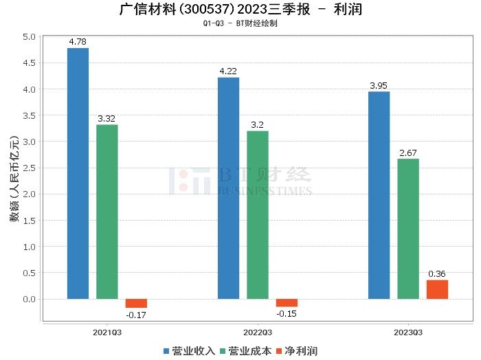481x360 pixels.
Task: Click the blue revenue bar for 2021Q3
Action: tap(78, 173)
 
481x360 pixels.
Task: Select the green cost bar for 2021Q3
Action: tap(107, 212)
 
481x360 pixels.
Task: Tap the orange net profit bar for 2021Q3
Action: tap(136, 303)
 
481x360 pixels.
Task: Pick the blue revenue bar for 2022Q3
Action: tap(228, 188)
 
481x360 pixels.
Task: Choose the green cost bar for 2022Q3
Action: tap(258, 214)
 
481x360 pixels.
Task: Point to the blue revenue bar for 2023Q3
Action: tap(379, 195)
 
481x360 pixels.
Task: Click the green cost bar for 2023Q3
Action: tap(408, 229)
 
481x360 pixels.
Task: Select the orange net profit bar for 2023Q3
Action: tap(437, 289)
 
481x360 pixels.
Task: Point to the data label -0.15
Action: tap(287, 313)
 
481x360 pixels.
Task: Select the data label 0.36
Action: tap(437, 274)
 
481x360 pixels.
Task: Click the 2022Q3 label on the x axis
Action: tap(258, 332)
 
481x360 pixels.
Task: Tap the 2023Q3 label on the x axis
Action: tap(408, 332)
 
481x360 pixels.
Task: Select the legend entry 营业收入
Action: tap(190, 350)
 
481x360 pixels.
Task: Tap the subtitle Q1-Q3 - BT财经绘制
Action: tap(240, 23)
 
